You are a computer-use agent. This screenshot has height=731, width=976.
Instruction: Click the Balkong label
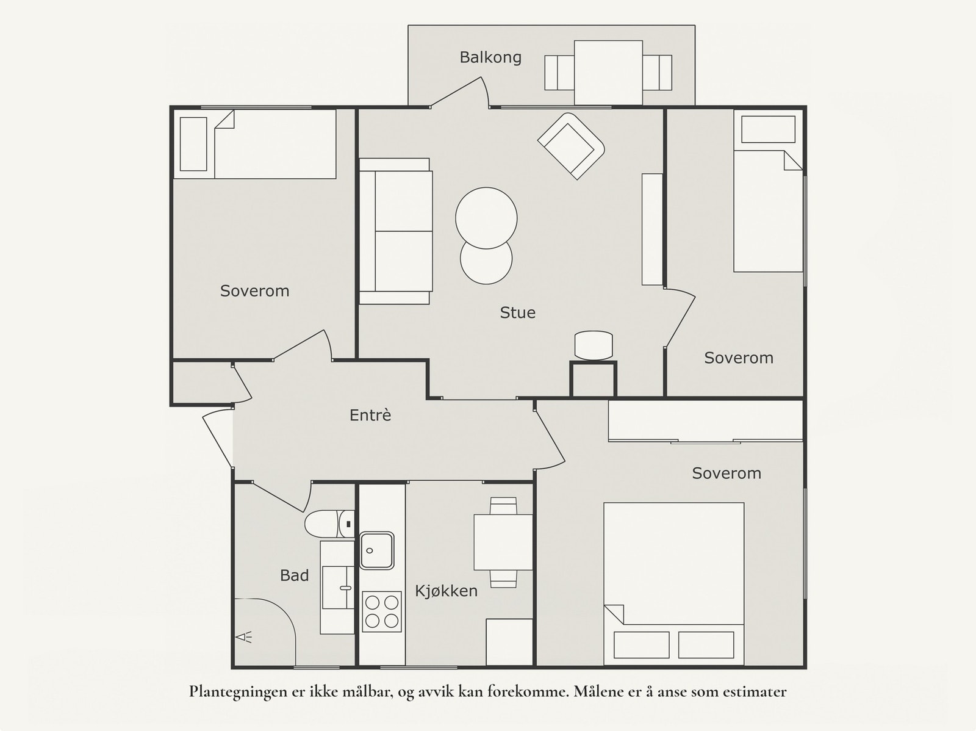(490, 57)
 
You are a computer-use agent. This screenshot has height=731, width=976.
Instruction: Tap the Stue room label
(517, 312)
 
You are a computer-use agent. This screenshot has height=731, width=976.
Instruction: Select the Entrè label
(370, 415)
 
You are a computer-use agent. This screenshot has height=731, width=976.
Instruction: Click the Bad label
(294, 575)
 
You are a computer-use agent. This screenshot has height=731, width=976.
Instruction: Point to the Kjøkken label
(446, 591)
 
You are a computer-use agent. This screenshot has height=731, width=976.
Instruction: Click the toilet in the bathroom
(329, 524)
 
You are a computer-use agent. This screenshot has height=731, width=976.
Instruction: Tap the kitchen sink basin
(376, 550)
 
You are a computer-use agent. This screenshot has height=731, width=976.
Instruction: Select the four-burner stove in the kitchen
(381, 611)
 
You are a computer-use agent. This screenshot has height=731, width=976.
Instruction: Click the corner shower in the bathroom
(265, 632)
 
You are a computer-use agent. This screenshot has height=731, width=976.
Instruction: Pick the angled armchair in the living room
(571, 146)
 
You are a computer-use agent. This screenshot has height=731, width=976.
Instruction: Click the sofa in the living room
(396, 231)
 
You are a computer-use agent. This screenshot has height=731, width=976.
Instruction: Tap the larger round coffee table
(486, 218)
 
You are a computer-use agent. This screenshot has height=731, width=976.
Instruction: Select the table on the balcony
(608, 73)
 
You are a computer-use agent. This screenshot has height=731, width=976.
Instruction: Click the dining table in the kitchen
(503, 542)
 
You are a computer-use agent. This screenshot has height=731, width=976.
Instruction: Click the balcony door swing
(460, 92)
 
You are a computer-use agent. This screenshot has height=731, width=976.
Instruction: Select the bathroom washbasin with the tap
(337, 588)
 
